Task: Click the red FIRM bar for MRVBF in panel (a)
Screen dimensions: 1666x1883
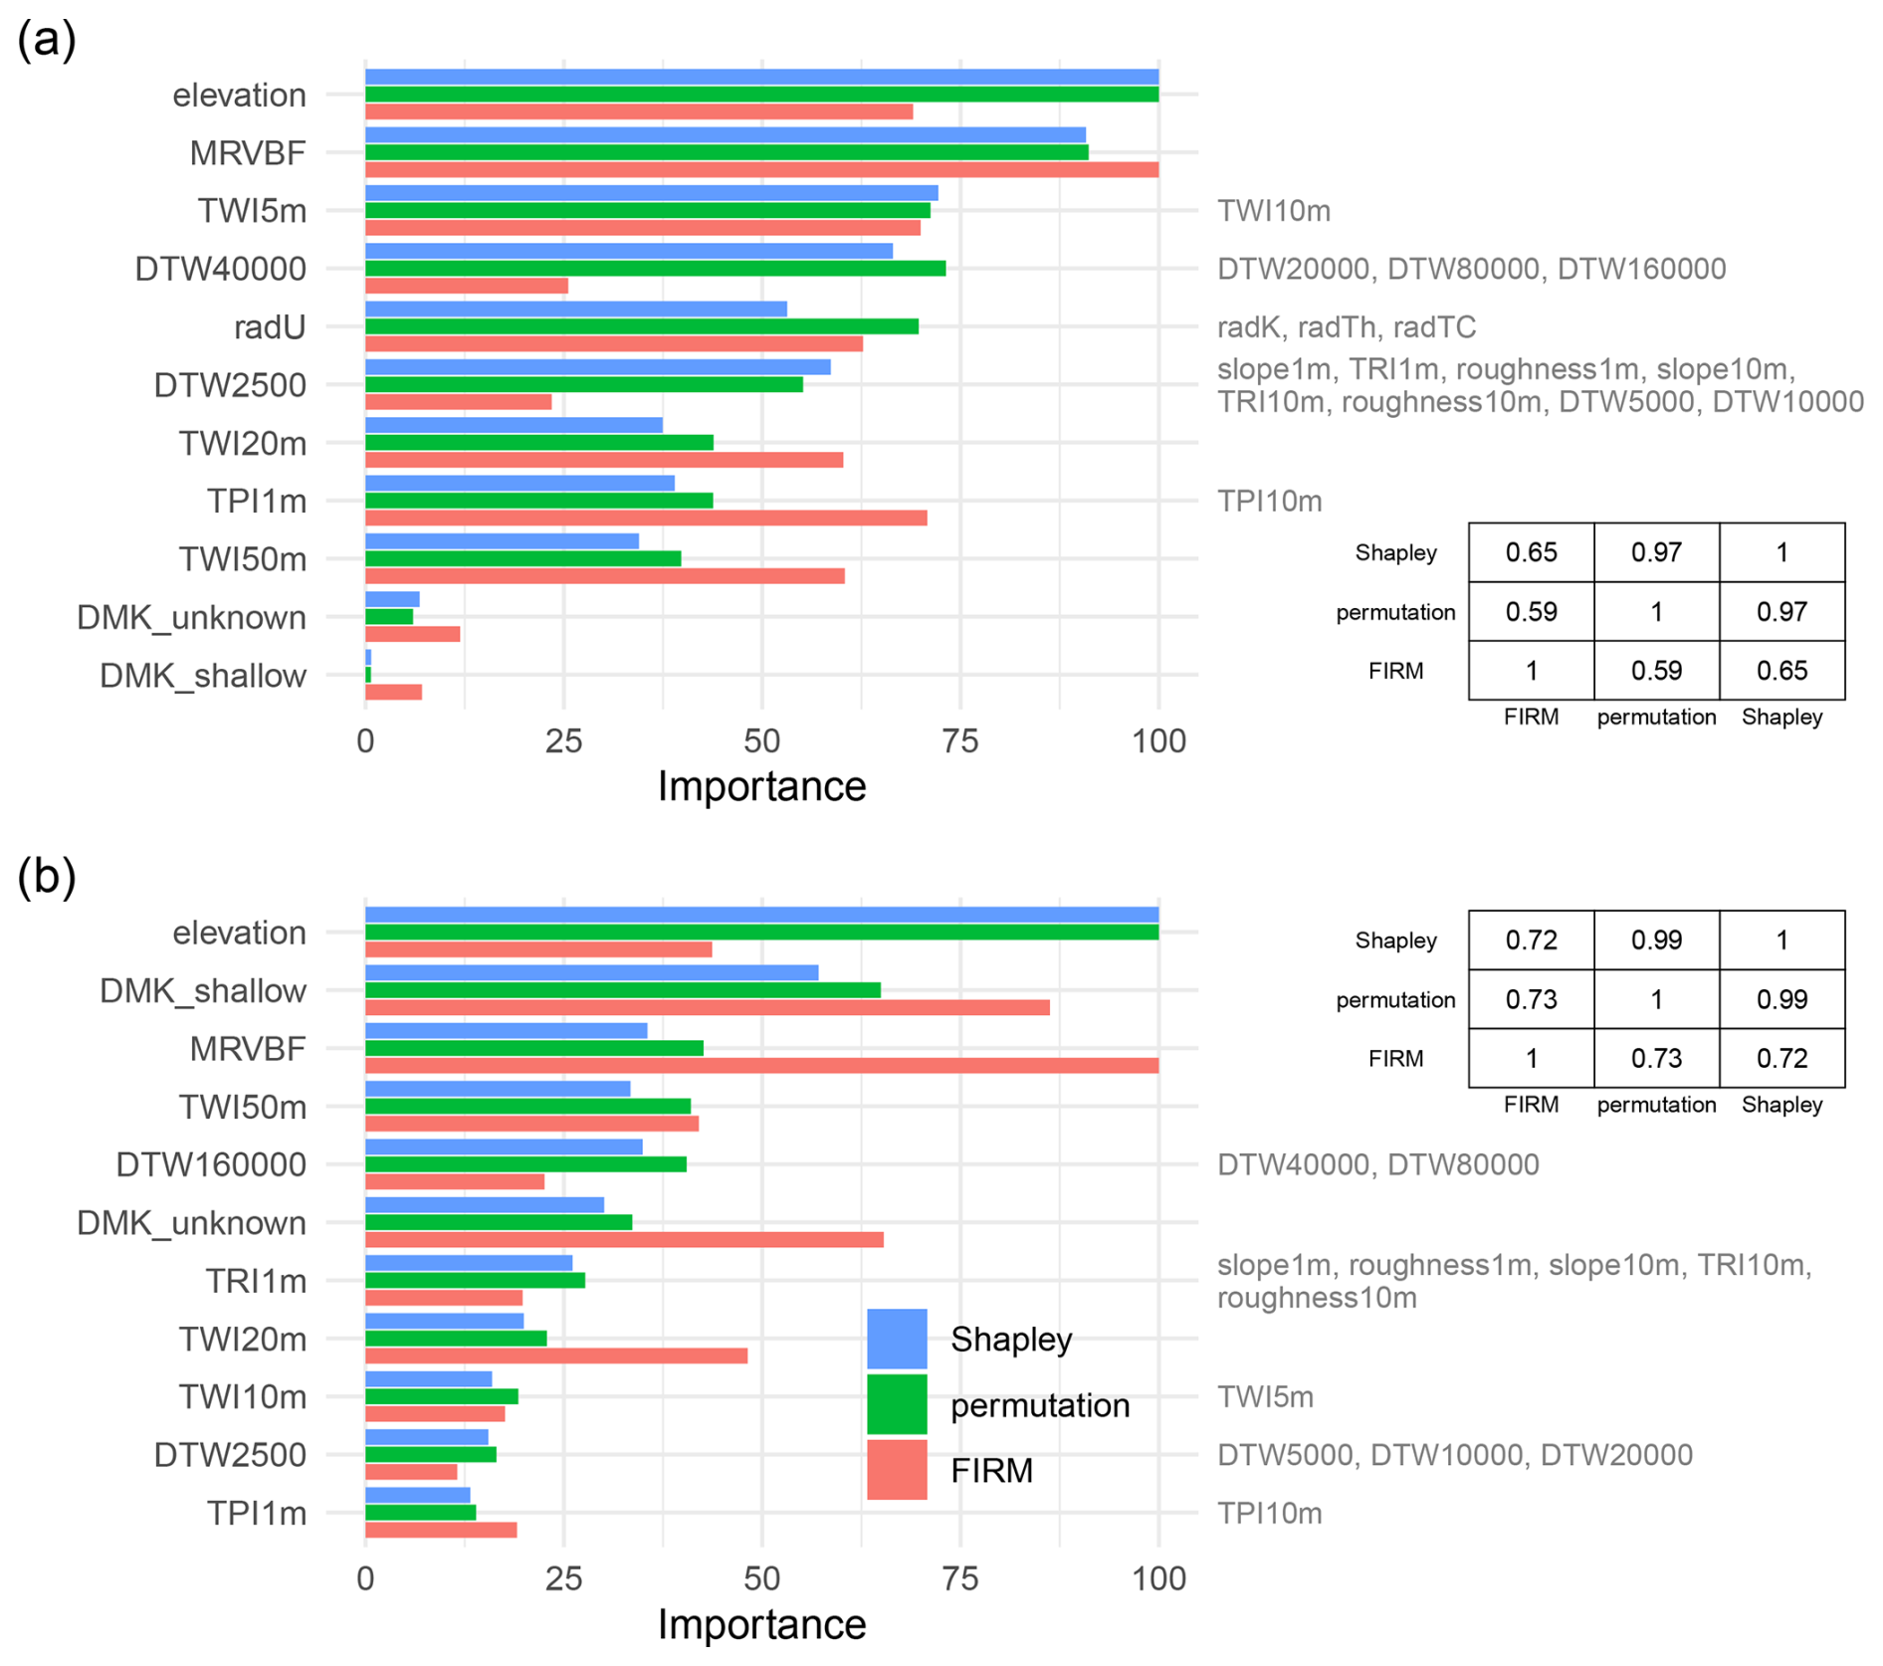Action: tap(761, 170)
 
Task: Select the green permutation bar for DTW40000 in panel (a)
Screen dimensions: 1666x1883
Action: tap(655, 269)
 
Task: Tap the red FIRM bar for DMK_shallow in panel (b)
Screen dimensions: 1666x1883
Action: tap(707, 1007)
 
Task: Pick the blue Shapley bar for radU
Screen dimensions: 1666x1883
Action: tap(575, 310)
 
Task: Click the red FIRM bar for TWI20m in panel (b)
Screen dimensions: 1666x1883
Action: tap(555, 1355)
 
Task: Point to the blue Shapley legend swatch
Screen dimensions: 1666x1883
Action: tap(897, 1339)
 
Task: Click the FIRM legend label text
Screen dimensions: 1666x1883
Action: tap(991, 1470)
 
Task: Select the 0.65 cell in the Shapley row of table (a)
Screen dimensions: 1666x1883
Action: tap(1531, 552)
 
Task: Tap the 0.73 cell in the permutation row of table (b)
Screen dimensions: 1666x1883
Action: tap(1531, 999)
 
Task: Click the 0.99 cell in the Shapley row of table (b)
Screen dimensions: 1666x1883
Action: tap(1656, 940)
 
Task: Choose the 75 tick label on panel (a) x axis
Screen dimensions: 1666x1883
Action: tap(960, 740)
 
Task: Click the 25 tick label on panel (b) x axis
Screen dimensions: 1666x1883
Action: tap(563, 1578)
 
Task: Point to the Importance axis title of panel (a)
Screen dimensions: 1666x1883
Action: tap(761, 786)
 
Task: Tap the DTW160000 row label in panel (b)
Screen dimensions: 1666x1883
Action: tap(211, 1164)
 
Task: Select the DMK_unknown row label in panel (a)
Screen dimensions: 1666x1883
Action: tap(191, 618)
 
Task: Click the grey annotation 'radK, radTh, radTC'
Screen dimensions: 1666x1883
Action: tap(1346, 327)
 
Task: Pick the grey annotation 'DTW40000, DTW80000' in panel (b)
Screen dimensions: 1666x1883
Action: tap(1377, 1164)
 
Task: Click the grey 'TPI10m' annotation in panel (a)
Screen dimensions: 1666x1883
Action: tap(1269, 501)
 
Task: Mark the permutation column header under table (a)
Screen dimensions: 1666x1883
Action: tap(1656, 717)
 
